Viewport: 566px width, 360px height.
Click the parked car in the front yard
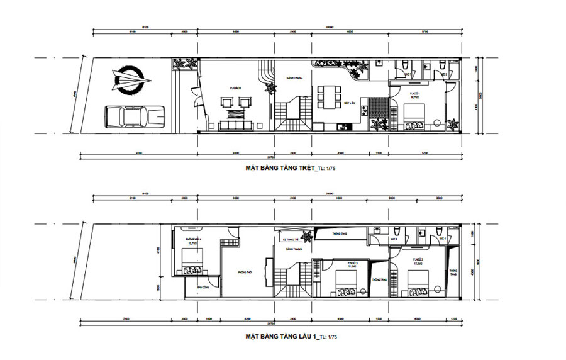pos(132,116)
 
